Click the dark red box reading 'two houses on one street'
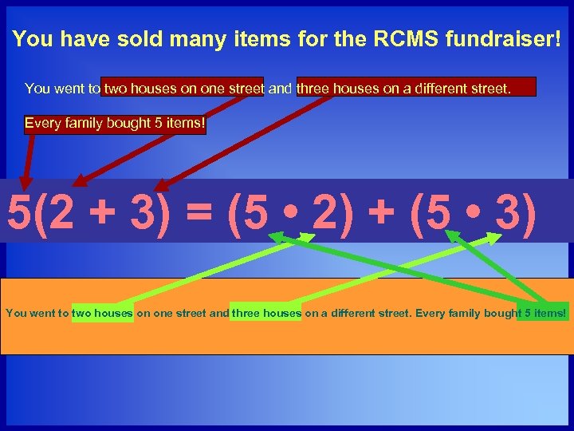[x=183, y=89]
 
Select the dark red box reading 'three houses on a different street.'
[x=415, y=89]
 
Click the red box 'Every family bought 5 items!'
[x=114, y=124]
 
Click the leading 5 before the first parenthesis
[x=19, y=212]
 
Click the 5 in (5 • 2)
[x=254, y=212]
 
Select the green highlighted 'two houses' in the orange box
[x=103, y=313]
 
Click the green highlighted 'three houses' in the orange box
[x=266, y=313]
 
